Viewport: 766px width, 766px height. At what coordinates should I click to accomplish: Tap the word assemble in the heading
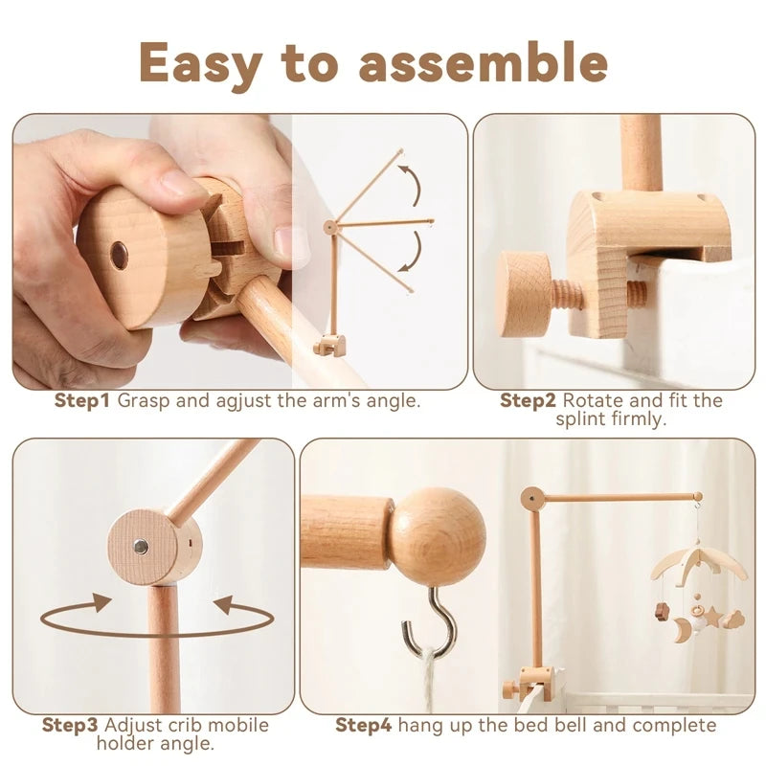coord(484,63)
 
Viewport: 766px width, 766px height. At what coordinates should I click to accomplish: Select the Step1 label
coord(82,400)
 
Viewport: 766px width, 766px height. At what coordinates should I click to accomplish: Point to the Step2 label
coord(529,400)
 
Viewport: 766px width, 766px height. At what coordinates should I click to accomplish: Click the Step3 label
coord(70,725)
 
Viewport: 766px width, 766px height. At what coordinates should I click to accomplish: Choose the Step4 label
coord(365,725)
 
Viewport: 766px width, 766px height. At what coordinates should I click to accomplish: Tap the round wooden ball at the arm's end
coord(439,536)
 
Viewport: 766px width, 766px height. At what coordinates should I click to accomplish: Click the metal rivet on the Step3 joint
coord(140,546)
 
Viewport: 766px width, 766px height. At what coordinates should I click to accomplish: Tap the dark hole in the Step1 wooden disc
coord(119,255)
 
